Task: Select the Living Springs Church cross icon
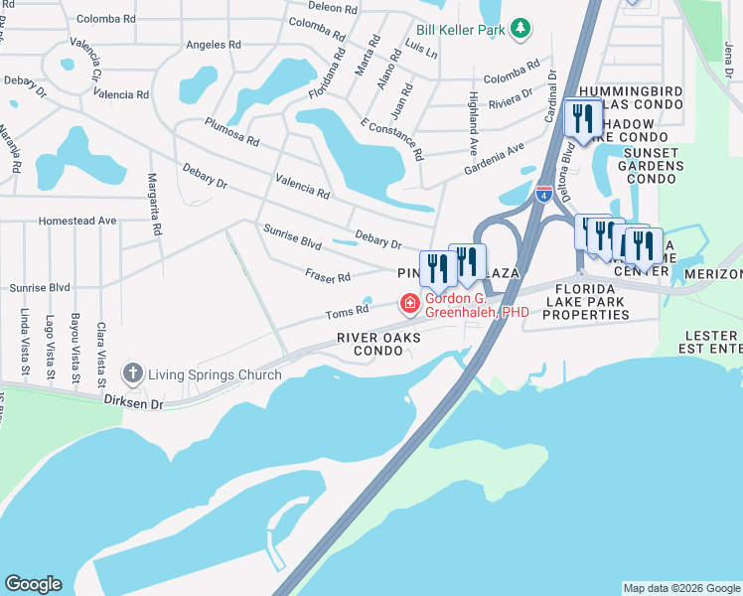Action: click(x=131, y=374)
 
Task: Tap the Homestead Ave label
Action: click(x=76, y=221)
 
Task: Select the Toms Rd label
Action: click(x=348, y=314)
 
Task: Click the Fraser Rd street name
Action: click(x=328, y=277)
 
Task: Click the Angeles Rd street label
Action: click(x=213, y=45)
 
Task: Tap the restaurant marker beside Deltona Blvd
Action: click(x=579, y=118)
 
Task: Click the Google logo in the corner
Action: click(x=33, y=584)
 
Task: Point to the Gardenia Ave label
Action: click(x=495, y=158)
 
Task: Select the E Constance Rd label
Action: click(x=392, y=140)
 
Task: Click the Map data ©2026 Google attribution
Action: click(x=681, y=588)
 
